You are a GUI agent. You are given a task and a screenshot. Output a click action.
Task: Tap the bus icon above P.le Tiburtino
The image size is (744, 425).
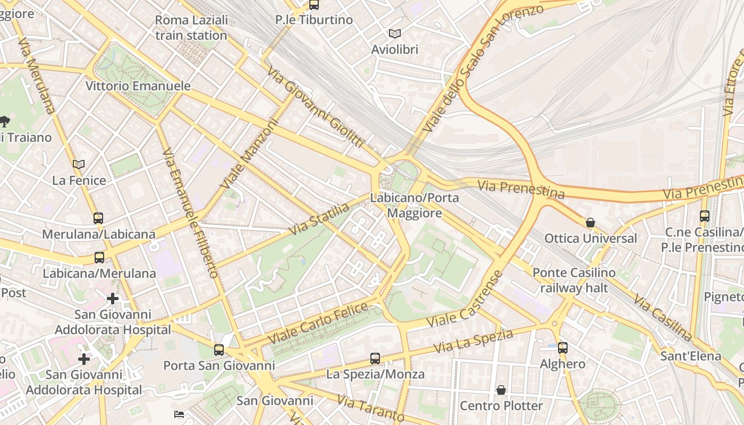click(314, 5)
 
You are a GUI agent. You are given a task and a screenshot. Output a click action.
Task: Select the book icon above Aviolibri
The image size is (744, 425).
click(394, 34)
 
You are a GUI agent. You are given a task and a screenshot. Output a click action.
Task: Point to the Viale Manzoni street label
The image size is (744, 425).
click(250, 154)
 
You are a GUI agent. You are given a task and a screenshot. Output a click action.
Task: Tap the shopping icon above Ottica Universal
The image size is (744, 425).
click(590, 223)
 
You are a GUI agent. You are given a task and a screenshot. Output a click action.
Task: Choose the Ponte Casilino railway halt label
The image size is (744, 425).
click(574, 280)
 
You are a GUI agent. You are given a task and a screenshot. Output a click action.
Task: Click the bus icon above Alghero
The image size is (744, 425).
click(562, 348)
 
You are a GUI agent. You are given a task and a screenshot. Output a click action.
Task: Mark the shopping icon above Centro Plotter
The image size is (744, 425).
click(501, 390)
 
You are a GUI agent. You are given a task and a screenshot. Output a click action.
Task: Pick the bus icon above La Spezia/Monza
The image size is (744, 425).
click(375, 359)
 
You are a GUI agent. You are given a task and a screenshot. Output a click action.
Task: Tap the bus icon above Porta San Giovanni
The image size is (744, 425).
click(219, 350)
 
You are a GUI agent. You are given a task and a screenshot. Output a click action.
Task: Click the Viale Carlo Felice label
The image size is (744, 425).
click(318, 322)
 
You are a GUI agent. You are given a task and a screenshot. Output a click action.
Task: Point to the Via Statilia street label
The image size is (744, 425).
click(319, 219)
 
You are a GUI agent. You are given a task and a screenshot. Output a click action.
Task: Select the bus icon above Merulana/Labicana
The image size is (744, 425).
click(98, 218)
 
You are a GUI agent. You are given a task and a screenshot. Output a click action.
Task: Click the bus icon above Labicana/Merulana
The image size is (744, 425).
click(99, 258)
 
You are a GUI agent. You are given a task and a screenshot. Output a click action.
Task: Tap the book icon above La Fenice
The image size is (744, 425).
click(79, 164)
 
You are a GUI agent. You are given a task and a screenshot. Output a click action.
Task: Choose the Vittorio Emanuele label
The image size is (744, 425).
click(138, 86)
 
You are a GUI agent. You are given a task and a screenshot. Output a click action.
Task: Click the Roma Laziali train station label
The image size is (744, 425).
click(191, 28)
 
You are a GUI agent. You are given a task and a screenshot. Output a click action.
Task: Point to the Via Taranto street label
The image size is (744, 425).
click(370, 409)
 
